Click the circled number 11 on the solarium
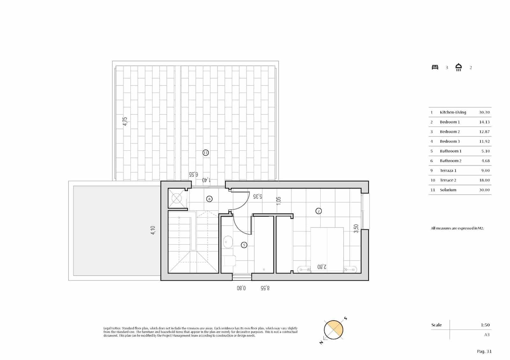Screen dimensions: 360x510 click(x=206, y=153)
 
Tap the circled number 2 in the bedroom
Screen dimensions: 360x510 click(x=318, y=211)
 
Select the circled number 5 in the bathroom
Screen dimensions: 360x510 click(x=244, y=245)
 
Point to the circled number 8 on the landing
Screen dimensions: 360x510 click(x=209, y=199)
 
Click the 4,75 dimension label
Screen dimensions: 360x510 click(x=125, y=121)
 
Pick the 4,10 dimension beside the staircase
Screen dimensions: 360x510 click(x=153, y=230)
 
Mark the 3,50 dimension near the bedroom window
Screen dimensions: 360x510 click(x=356, y=228)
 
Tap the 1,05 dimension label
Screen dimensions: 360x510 click(x=279, y=201)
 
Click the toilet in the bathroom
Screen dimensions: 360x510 click(x=229, y=261)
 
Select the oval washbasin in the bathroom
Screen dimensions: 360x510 click(x=228, y=242)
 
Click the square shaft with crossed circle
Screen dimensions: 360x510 click(x=176, y=199)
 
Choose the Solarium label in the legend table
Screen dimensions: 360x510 click(x=448, y=190)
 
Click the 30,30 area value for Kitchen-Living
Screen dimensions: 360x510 click(x=484, y=112)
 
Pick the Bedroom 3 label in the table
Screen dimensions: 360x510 click(x=450, y=141)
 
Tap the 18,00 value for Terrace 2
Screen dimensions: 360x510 click(x=484, y=180)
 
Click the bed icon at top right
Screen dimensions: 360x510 click(x=435, y=67)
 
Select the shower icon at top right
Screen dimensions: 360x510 click(x=459, y=67)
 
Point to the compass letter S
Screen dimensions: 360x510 click(x=346, y=319)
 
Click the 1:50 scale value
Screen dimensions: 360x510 click(x=485, y=325)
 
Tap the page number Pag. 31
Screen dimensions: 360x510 click(x=484, y=351)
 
